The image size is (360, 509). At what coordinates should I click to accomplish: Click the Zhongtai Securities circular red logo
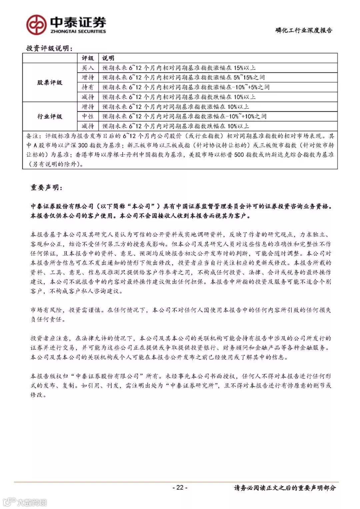pos(36,25)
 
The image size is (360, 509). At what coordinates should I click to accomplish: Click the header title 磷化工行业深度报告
pos(304,30)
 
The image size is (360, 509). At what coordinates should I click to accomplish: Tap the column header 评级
pos(88,58)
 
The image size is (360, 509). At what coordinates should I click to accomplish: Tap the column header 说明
pos(108,58)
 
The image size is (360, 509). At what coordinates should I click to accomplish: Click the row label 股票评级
pos(50,82)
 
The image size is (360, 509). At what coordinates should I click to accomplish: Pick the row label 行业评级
pos(50,116)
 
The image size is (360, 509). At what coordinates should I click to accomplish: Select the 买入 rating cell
pos(88,68)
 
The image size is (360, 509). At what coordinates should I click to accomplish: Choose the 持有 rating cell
pos(88,87)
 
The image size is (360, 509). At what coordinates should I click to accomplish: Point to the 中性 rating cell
pos(88,116)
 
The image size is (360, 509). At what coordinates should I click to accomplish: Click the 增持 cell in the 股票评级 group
pos(88,77)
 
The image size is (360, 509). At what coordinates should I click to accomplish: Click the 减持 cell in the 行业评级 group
pos(88,126)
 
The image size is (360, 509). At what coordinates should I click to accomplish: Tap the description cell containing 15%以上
pos(179,68)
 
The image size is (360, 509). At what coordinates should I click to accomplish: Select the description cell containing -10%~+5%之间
pos(186,87)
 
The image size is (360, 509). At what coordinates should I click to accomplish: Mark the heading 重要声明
pos(46,188)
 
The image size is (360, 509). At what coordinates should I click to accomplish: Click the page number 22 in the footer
pos(180,487)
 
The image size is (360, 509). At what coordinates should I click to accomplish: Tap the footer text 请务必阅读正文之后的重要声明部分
pos(285,488)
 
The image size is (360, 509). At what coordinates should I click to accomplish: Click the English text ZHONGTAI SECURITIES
pos(78,31)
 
